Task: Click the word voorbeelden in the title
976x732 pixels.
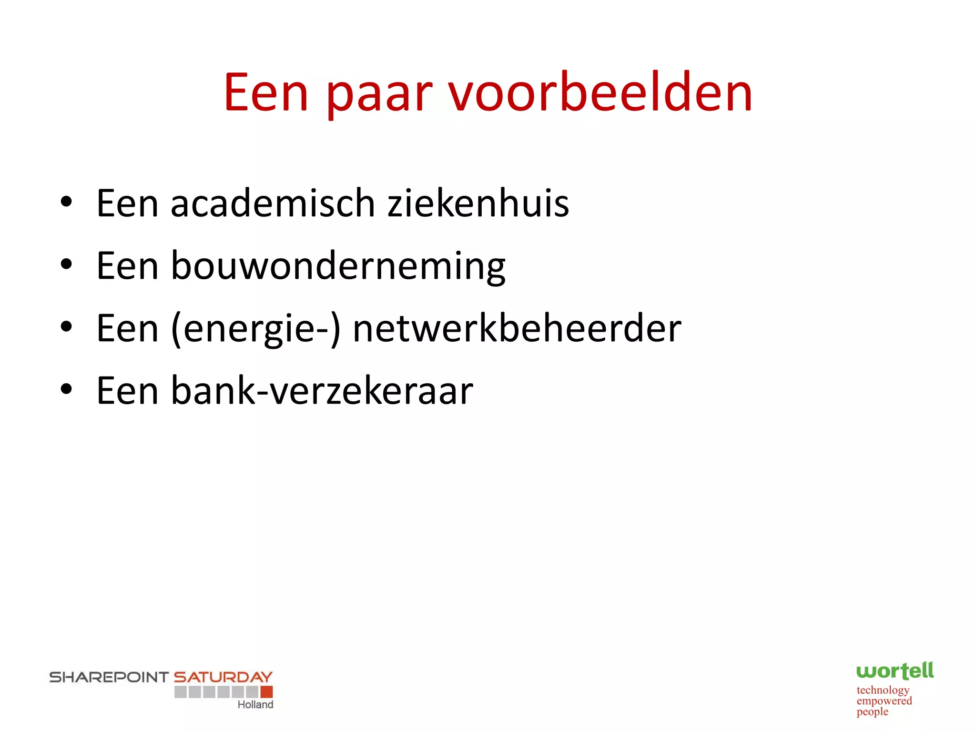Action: click(x=600, y=92)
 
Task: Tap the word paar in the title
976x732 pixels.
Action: click(x=379, y=95)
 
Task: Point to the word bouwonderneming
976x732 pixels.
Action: click(x=338, y=267)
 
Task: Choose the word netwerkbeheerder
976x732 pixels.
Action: click(x=517, y=328)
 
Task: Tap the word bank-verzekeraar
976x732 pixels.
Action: click(x=322, y=391)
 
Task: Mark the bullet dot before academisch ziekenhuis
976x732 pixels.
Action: click(x=66, y=202)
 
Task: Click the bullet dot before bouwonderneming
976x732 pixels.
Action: click(x=66, y=264)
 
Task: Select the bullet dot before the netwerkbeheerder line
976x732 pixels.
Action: click(x=66, y=327)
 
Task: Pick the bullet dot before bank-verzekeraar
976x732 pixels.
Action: click(x=66, y=389)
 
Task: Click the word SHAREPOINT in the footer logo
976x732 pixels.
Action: click(x=109, y=677)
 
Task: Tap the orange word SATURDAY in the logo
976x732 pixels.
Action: click(x=223, y=677)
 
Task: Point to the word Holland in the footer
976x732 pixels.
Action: click(x=255, y=705)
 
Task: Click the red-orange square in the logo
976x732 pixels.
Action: click(x=267, y=692)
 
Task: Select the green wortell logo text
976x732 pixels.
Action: click(x=895, y=671)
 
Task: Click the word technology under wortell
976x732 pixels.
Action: click(x=883, y=690)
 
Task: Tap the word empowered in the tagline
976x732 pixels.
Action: click(x=884, y=701)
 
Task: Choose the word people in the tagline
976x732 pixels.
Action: click(x=872, y=712)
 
